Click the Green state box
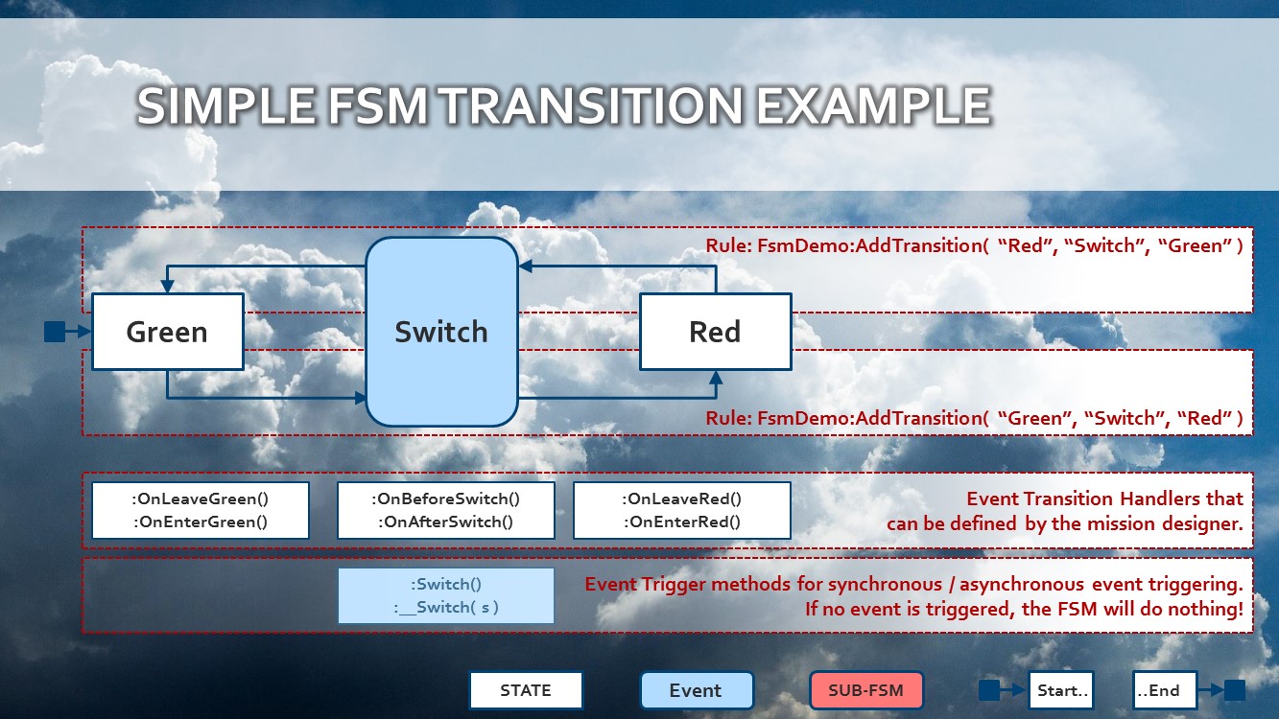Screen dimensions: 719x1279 coord(167,332)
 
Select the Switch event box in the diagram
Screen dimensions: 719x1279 coord(441,332)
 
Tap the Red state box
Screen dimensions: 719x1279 coord(715,332)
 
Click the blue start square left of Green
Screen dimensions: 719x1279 coord(55,332)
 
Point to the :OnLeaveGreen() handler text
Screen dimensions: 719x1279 coord(200,499)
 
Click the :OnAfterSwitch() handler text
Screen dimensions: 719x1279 coord(445,522)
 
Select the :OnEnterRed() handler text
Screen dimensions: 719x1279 coord(682,522)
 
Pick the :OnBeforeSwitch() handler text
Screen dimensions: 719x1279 coord(445,499)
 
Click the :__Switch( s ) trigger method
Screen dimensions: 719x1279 coord(445,608)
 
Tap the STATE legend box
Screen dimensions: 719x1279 coord(526,690)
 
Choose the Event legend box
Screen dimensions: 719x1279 coord(696,690)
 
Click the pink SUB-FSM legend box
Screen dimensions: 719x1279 coord(865,690)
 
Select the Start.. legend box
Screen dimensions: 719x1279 coord(1061,690)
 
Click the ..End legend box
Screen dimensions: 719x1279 coord(1164,690)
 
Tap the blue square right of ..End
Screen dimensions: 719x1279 coord(1234,690)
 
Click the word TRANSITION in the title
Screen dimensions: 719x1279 coord(592,105)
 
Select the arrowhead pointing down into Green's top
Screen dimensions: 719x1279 coord(167,287)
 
